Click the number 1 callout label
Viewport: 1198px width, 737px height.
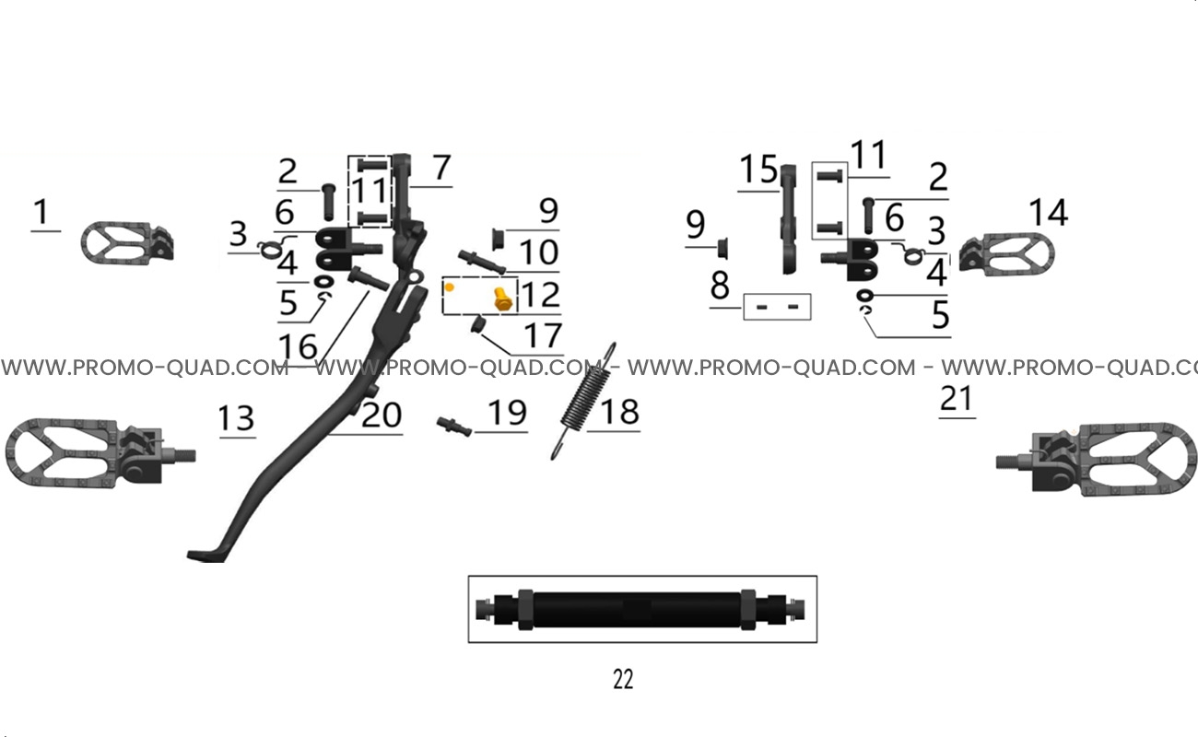pos(41,212)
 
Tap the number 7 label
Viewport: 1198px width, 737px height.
pos(441,168)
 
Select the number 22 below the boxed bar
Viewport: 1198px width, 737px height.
pos(623,679)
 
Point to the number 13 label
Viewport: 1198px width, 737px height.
pos(237,418)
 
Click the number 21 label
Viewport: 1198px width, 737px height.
pos(956,399)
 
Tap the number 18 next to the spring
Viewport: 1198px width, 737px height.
pos(619,412)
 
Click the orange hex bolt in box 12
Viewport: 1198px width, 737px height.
pos(503,299)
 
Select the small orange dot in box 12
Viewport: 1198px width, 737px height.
pos(450,287)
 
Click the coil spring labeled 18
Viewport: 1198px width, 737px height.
pos(584,401)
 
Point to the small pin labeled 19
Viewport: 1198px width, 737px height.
pos(454,427)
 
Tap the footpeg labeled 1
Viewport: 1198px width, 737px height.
pos(127,243)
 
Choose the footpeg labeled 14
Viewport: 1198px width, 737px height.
pos(1006,254)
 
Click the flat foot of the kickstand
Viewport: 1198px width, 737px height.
pos(206,556)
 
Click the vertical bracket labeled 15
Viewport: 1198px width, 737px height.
pos(788,219)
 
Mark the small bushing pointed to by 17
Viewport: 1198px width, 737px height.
pos(476,323)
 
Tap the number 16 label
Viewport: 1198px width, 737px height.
pos(298,346)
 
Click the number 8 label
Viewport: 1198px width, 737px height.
pos(720,285)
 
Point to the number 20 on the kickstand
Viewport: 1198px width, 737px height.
pos(382,415)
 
